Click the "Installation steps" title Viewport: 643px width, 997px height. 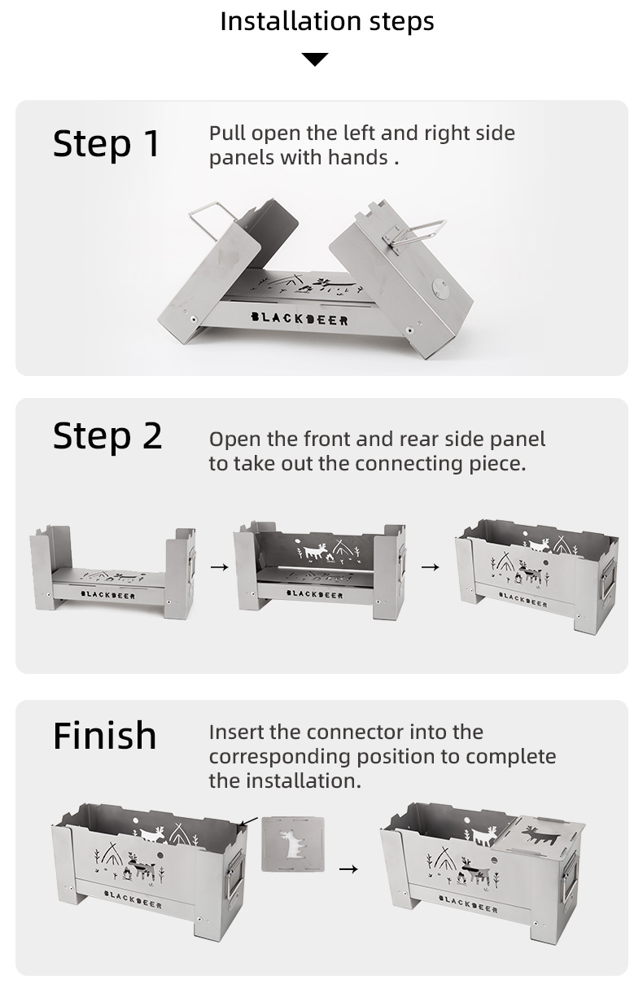click(x=327, y=22)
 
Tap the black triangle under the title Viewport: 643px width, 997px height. click(x=315, y=59)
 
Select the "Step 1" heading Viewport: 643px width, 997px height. click(x=107, y=143)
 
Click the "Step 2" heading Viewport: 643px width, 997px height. click(x=107, y=435)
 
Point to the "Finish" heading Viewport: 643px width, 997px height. click(x=104, y=736)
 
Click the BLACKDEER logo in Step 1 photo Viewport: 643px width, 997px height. click(x=300, y=318)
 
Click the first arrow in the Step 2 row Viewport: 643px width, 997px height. click(x=220, y=567)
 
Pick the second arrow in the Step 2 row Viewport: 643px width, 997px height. click(x=430, y=567)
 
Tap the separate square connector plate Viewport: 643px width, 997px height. click(x=293, y=844)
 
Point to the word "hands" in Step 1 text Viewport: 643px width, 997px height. click(x=358, y=158)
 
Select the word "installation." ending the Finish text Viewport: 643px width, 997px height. click(x=311, y=781)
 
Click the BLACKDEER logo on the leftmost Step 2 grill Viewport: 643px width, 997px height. click(x=108, y=595)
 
